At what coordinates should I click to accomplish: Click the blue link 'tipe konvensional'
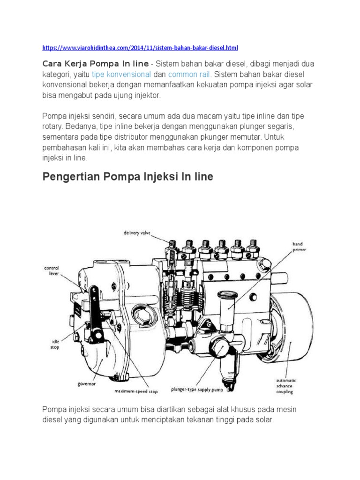(x=121, y=74)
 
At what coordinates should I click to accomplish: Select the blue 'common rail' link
(x=190, y=74)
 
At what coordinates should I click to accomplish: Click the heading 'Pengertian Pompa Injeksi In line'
(x=127, y=177)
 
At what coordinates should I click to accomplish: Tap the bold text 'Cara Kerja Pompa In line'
(x=96, y=63)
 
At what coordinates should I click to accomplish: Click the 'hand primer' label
(x=298, y=247)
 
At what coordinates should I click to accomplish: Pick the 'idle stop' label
(x=55, y=345)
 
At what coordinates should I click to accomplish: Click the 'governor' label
(x=87, y=383)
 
